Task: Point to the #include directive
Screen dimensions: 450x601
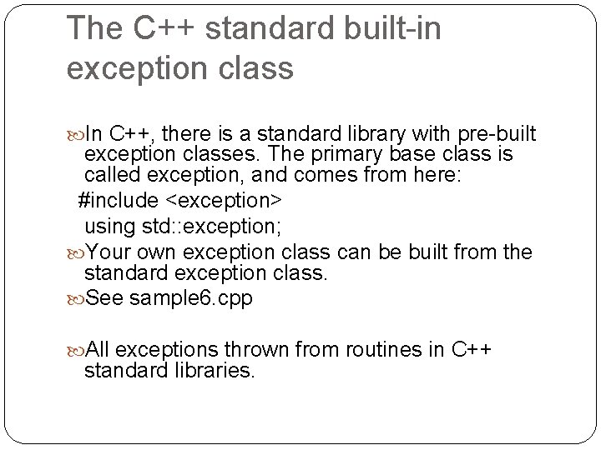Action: tap(117, 201)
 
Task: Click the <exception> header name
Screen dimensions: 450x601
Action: tap(223, 201)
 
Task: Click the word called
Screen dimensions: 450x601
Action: tap(109, 178)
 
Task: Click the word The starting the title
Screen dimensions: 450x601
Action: tap(93, 27)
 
